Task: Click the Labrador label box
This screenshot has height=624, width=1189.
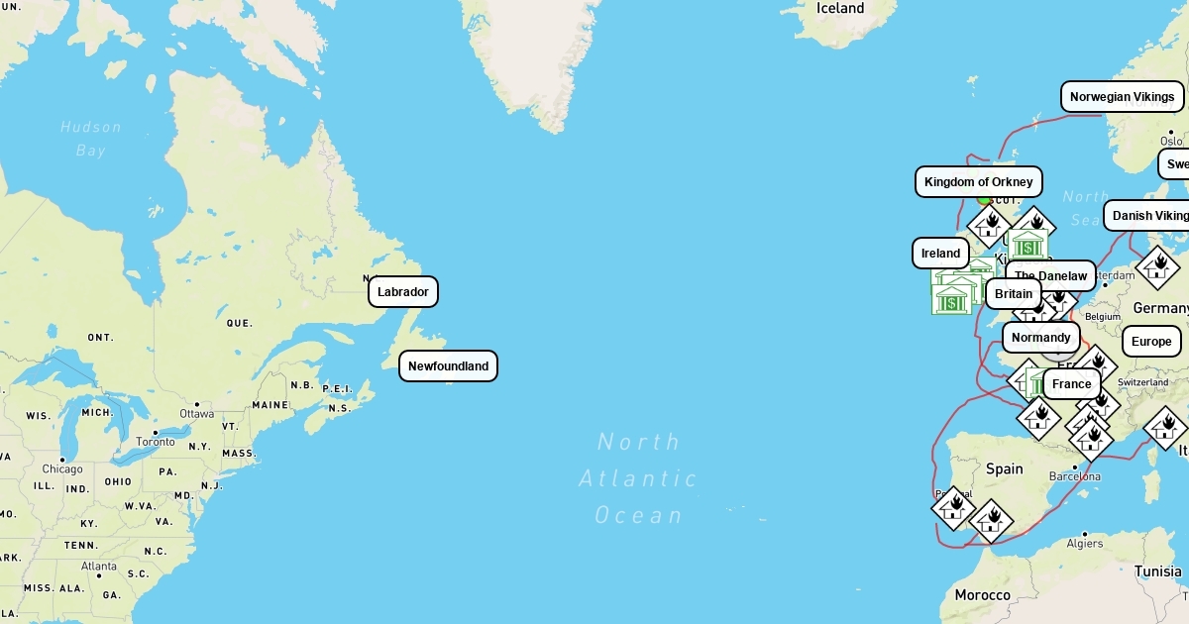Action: click(403, 292)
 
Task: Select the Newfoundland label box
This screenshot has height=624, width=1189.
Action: click(448, 366)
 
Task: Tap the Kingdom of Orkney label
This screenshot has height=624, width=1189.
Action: click(978, 182)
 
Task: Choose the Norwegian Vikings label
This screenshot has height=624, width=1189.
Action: click(1122, 97)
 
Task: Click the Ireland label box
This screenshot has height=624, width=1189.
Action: click(940, 254)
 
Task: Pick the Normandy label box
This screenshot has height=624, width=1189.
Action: click(1040, 338)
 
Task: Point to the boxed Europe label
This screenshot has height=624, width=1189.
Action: click(1150, 342)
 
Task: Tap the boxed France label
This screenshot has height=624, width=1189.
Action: click(1071, 384)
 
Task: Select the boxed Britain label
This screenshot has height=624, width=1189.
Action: click(1013, 294)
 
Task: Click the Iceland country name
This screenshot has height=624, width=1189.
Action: click(840, 9)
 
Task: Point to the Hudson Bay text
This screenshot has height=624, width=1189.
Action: click(90, 139)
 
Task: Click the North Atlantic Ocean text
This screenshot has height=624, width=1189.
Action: click(639, 478)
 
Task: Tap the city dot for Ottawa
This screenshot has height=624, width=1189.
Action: click(197, 404)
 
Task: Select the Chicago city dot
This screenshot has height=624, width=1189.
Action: click(63, 459)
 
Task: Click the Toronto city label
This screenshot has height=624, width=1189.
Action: click(155, 442)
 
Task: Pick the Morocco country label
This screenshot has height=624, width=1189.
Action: click(982, 595)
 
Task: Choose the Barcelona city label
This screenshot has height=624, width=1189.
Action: click(1075, 476)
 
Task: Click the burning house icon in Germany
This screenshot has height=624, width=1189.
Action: click(1157, 267)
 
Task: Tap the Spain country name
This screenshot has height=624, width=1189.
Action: click(1004, 468)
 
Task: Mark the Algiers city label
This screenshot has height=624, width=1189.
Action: click(1085, 544)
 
